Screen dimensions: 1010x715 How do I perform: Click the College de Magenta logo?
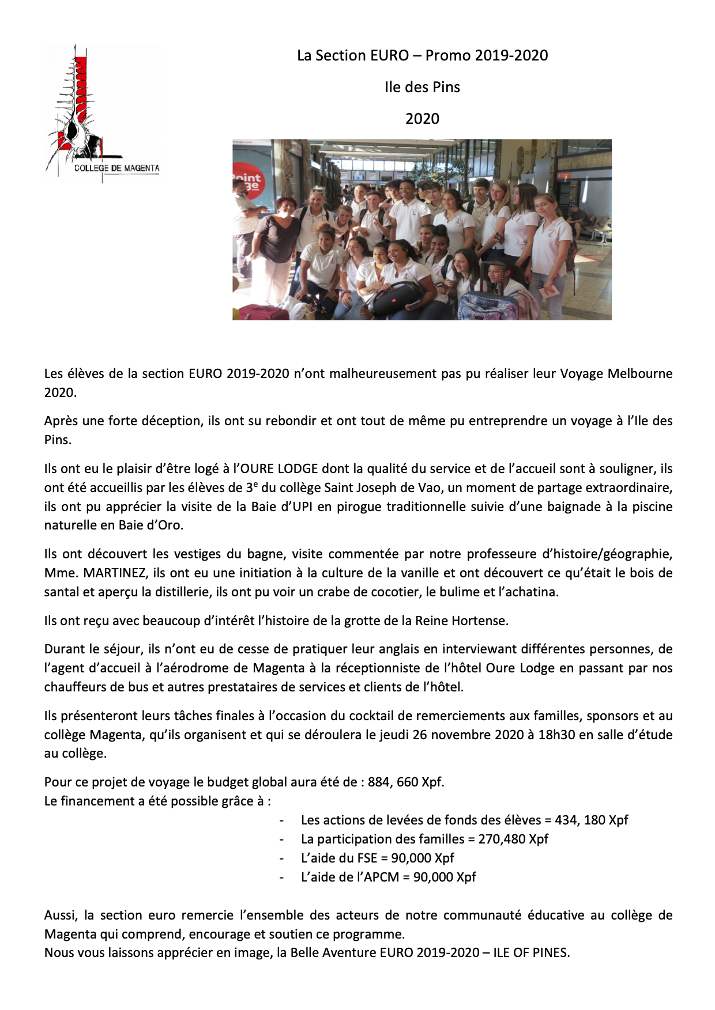102,113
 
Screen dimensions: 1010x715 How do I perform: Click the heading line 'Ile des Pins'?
422,87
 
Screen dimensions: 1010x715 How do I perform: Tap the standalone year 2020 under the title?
422,119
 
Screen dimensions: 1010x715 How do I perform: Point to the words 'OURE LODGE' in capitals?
279,468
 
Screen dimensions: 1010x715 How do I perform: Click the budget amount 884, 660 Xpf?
405,782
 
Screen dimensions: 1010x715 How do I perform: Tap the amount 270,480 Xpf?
513,839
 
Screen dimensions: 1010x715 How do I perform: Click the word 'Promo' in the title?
447,55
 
